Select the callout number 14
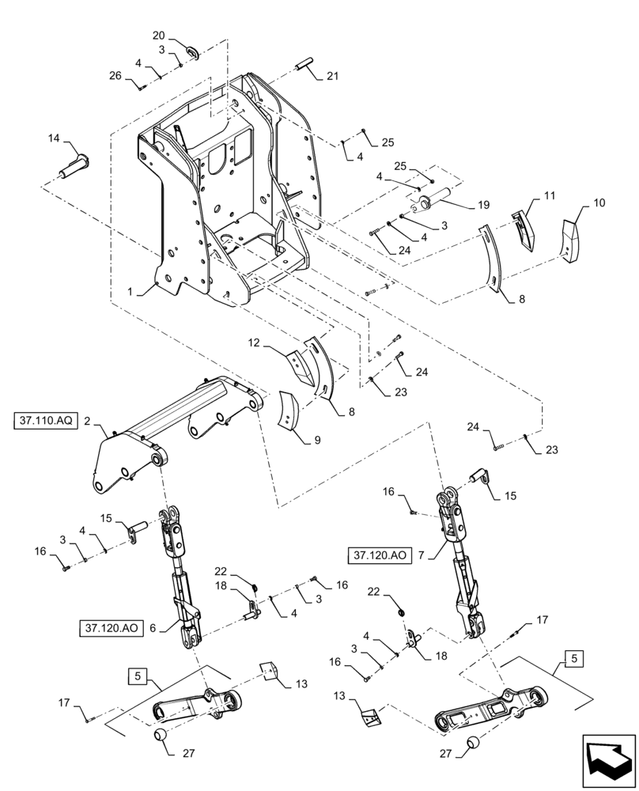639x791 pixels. coord(53,138)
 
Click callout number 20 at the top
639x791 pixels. coord(158,36)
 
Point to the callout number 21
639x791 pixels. coord(331,77)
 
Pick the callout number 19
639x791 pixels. coord(482,205)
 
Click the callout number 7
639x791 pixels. coord(421,556)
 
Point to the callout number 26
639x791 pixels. coord(116,77)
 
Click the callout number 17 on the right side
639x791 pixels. coord(543,621)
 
